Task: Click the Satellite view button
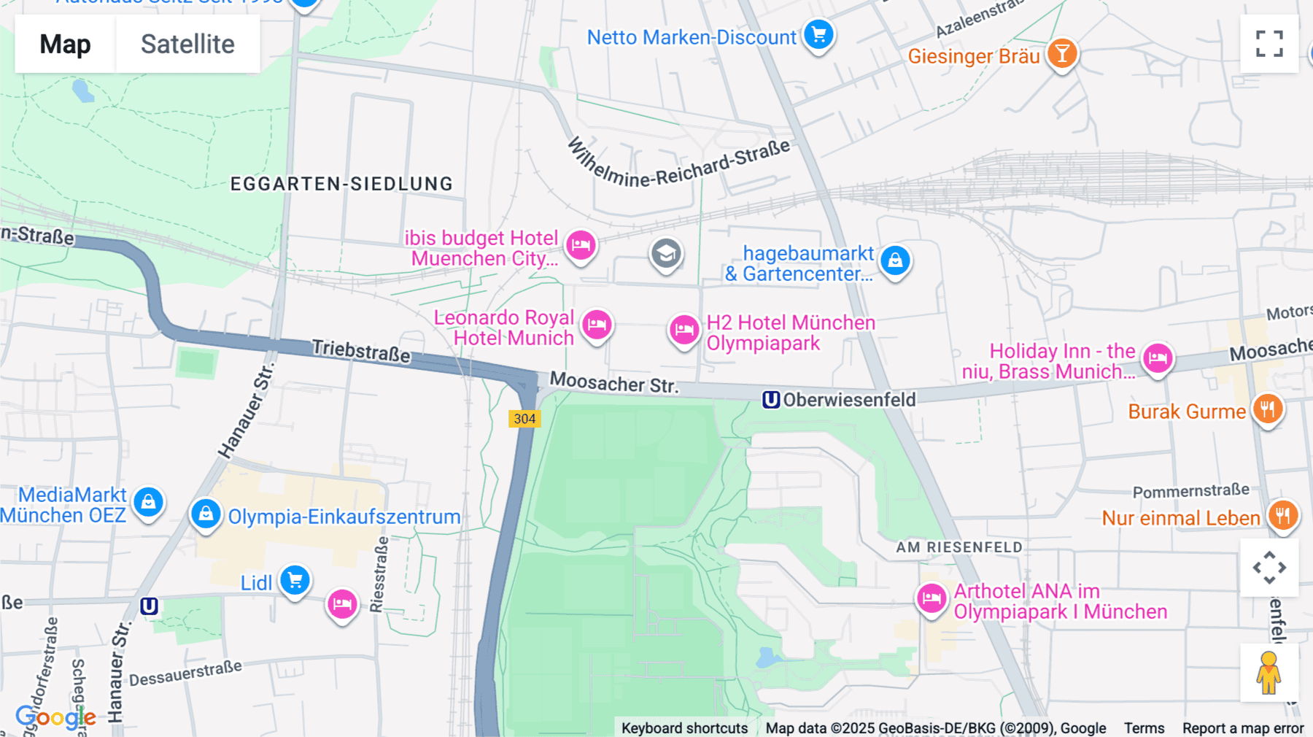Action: [x=187, y=45]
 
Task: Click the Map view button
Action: [x=65, y=45]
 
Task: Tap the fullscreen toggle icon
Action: [x=1269, y=44]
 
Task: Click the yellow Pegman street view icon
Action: [x=1269, y=672]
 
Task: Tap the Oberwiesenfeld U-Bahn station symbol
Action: [x=771, y=400]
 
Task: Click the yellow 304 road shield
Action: [x=524, y=419]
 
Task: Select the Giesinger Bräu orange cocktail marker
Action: [x=1062, y=54]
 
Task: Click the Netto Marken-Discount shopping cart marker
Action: [x=818, y=34]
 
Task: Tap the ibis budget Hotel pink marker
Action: [x=581, y=245]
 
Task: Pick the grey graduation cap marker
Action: [x=666, y=254]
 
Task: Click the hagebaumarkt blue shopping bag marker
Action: [x=895, y=261]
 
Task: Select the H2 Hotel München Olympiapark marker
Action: [x=684, y=331]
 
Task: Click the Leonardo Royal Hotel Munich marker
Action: [x=597, y=325]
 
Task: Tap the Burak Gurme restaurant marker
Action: [x=1268, y=409]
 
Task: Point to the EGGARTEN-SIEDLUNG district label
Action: [x=341, y=184]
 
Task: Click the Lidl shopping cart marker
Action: [x=295, y=581]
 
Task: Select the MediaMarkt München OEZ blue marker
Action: [x=149, y=502]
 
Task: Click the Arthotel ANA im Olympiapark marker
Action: [x=932, y=599]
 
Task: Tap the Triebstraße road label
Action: [x=361, y=351]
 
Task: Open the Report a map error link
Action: [x=1242, y=728]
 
